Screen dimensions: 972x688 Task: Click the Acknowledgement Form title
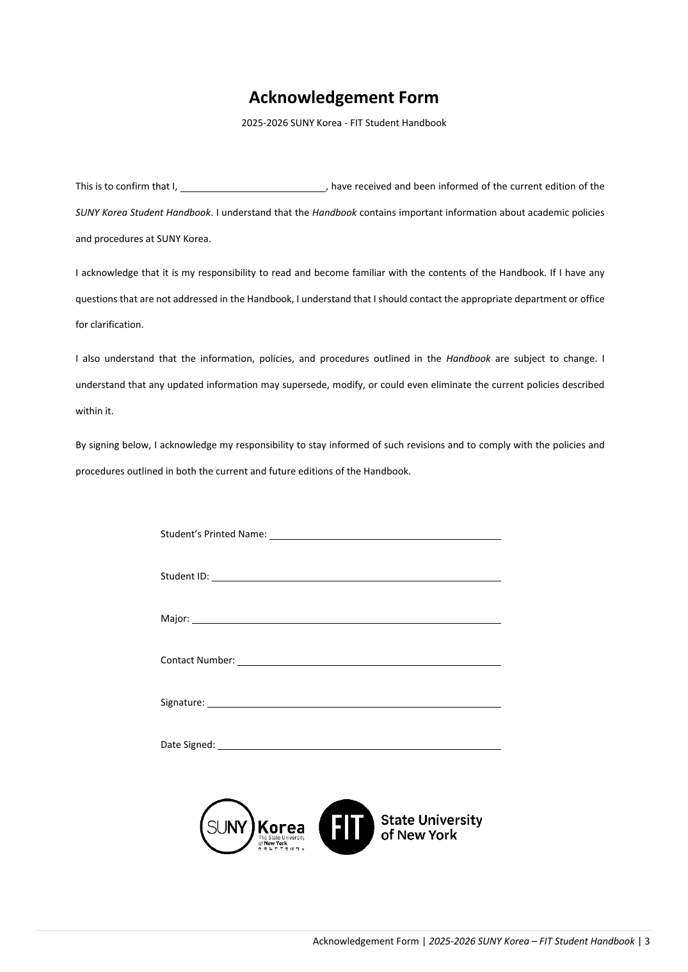click(x=344, y=97)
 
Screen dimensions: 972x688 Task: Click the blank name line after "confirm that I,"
click(x=253, y=187)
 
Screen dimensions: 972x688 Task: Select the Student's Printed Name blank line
click(x=385, y=535)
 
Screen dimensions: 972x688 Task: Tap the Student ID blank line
click(x=356, y=576)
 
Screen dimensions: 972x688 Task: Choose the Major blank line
click(x=346, y=619)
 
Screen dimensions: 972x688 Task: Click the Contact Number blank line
click(x=369, y=661)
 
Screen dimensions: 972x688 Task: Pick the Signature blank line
click(x=354, y=703)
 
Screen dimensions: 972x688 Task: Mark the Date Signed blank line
click(x=359, y=745)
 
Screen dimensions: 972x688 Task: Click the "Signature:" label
click(x=182, y=702)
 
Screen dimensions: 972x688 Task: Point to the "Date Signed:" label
click(x=188, y=745)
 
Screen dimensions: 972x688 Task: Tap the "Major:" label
click(x=175, y=619)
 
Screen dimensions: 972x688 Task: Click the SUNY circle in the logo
click(x=227, y=826)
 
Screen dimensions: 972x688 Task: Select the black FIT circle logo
click(x=346, y=826)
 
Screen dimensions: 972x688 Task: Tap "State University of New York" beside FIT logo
click(x=431, y=827)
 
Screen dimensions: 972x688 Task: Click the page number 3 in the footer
click(x=647, y=941)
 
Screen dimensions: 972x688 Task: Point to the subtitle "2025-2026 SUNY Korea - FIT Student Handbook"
click(x=344, y=123)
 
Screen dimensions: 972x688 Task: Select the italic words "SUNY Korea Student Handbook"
click(x=143, y=213)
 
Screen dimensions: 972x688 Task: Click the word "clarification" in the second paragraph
click(x=116, y=325)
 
